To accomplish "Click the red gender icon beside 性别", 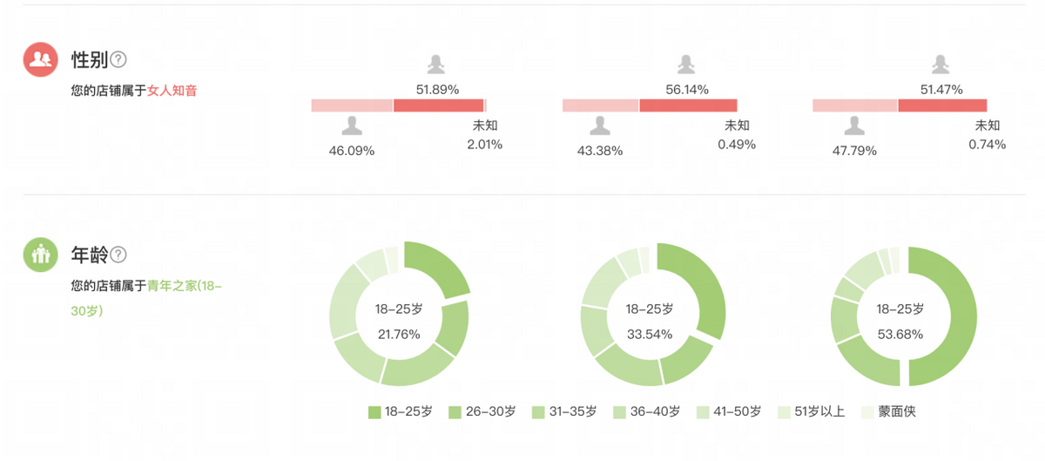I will (x=40, y=59).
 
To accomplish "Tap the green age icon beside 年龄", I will (x=40, y=254).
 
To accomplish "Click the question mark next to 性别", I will (x=118, y=59).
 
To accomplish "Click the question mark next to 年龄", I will (x=118, y=254).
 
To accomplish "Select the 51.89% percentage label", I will (x=437, y=89).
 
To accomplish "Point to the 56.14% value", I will (x=687, y=89).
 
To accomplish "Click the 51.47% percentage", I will (x=941, y=89).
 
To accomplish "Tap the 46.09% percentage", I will (x=352, y=150).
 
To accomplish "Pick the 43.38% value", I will (x=600, y=150).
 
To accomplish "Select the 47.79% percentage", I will (x=854, y=150).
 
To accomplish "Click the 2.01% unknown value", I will (x=485, y=145).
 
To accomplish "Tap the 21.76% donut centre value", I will (x=399, y=334).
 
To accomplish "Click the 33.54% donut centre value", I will (x=649, y=334).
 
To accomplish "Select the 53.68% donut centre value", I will (x=900, y=334).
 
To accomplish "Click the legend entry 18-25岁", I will (x=401, y=411).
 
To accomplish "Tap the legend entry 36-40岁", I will (x=648, y=411).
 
